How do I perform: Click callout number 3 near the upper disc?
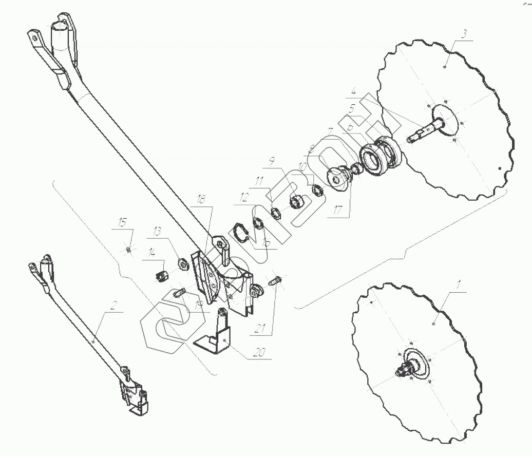[464, 34]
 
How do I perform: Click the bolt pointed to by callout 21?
[276, 282]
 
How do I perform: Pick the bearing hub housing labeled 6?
[380, 154]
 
